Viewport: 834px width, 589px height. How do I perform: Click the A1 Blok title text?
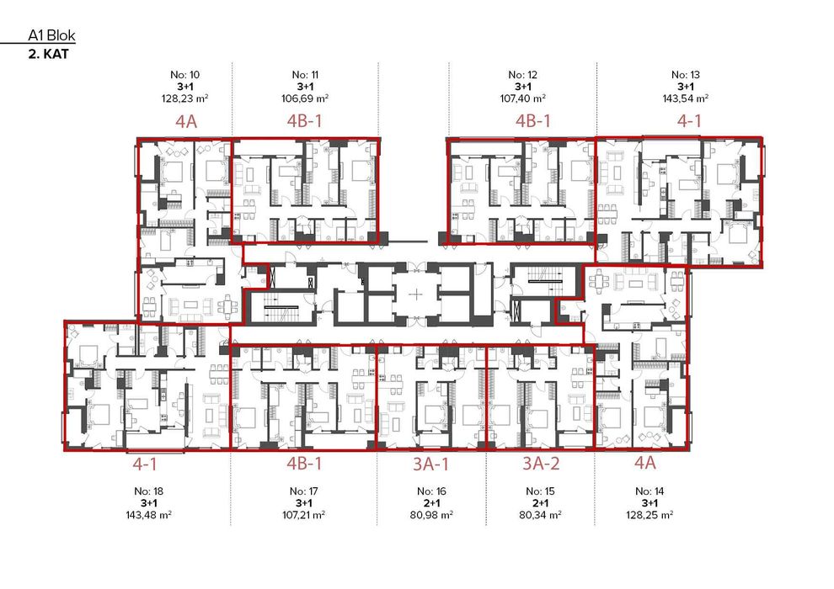coord(47,36)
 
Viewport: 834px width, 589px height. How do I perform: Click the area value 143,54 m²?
coord(685,98)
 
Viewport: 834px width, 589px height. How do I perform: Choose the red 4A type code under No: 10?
coord(186,121)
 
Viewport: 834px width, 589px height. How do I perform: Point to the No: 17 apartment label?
coord(304,491)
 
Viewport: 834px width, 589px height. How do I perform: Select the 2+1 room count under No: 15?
coord(538,502)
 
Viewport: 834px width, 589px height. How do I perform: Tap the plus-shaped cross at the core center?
coord(419,294)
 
